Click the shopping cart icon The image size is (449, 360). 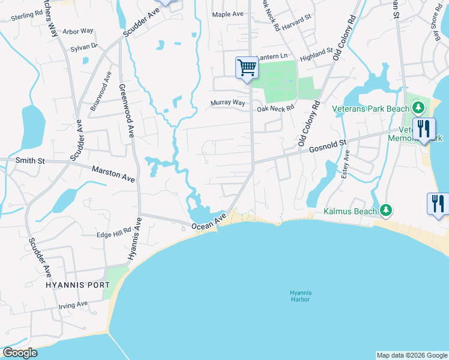pyautogui.click(x=247, y=67)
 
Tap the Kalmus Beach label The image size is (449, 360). pyautogui.click(x=350, y=211)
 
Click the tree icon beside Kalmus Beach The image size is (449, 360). pyautogui.click(x=388, y=210)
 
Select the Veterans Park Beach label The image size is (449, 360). pyautogui.click(x=371, y=109)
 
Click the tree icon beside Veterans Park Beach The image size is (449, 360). pyautogui.click(x=419, y=109)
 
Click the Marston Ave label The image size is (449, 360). pyautogui.click(x=113, y=174)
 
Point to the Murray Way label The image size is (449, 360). pyautogui.click(x=228, y=103)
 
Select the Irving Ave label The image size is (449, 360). pyautogui.click(x=74, y=305)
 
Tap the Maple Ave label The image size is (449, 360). pyautogui.click(x=227, y=14)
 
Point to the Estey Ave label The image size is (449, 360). pyautogui.click(x=346, y=166)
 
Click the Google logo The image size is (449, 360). pyautogui.click(x=20, y=353)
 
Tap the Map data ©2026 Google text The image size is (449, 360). pyautogui.click(x=411, y=355)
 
